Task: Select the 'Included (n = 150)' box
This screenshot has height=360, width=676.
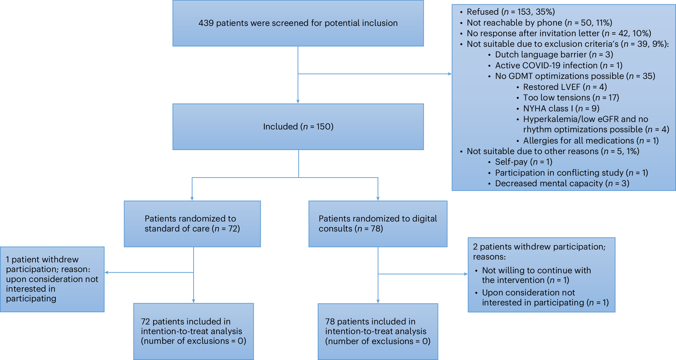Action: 298,127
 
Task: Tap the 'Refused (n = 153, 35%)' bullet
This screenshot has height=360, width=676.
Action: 510,12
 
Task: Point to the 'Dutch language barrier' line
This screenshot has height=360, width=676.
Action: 554,55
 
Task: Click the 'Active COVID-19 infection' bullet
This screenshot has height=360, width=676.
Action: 558,66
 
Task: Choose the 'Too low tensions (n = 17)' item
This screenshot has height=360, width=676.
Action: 571,98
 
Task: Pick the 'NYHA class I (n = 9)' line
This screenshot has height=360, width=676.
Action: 561,109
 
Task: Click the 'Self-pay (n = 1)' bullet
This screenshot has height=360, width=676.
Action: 524,162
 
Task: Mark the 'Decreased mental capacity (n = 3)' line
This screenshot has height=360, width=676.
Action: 562,183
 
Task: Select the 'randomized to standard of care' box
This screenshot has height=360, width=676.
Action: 192,224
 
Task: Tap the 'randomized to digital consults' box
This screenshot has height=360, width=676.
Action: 378,224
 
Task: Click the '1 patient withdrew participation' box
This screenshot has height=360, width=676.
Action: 52,279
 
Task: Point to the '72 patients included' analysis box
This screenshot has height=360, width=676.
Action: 193,331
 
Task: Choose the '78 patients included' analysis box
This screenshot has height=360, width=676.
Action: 378,331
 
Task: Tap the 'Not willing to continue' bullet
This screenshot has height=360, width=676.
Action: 536,275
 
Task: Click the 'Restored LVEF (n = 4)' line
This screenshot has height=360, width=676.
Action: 565,87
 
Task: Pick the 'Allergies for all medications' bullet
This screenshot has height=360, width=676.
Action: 591,141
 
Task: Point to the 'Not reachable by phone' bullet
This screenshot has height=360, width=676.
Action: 539,23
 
